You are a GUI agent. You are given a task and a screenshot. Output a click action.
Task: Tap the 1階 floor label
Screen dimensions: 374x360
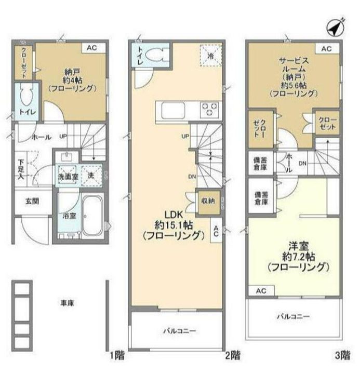117,356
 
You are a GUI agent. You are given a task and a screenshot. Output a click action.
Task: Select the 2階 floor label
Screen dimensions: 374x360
233,356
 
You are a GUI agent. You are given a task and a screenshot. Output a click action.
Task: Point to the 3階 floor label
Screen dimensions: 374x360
342,356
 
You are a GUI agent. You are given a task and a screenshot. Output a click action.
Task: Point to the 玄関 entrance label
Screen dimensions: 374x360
29,201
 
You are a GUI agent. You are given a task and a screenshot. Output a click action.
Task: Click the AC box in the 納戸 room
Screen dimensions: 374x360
91,48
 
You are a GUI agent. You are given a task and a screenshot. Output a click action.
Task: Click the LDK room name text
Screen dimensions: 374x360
175,213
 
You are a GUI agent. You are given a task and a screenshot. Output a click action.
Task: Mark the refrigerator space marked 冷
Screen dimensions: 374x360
210,56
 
